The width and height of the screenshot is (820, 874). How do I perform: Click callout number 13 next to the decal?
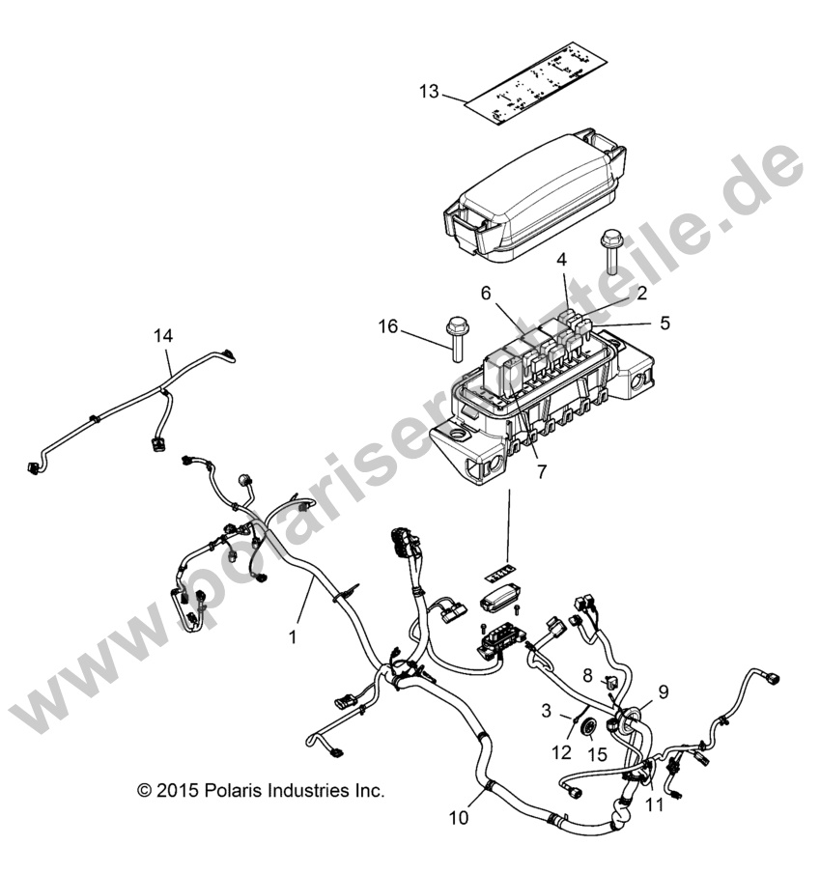[429, 92]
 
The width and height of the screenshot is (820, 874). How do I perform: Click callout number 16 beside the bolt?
[387, 328]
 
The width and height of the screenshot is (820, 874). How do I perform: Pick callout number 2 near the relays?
[615, 292]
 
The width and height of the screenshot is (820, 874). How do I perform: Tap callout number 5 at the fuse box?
[664, 322]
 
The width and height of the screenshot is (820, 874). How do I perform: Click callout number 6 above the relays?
[487, 293]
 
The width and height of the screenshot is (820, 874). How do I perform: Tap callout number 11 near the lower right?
[655, 804]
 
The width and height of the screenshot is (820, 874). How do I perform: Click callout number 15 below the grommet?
[598, 754]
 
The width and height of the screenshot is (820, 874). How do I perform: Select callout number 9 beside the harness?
[663, 691]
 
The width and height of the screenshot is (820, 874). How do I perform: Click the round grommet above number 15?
[585, 725]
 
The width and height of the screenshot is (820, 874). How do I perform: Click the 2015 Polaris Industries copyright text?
[261, 790]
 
